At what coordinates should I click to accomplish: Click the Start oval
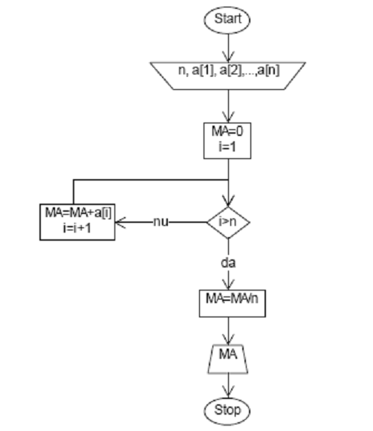point(227,20)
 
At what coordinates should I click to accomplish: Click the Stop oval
point(227,411)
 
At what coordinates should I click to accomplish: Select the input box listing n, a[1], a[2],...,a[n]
point(228,76)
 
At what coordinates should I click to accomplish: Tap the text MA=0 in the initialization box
point(227,131)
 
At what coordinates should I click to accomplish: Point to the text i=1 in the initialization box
point(227,146)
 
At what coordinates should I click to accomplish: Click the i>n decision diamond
point(228,222)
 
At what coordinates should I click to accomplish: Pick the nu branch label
point(160,222)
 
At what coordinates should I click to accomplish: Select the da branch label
point(228,263)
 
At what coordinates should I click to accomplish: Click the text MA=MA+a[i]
point(78,213)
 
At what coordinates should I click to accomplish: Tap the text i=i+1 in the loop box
point(77,228)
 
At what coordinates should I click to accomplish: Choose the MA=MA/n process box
point(233,303)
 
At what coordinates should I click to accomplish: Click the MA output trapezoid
point(228,359)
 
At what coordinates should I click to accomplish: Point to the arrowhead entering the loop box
point(120,222)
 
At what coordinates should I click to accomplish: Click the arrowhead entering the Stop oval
point(228,392)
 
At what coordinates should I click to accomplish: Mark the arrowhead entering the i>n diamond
point(228,201)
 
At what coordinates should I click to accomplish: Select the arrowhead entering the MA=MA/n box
point(228,284)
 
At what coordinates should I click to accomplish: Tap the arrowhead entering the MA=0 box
point(228,117)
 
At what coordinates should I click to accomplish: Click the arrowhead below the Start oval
point(228,56)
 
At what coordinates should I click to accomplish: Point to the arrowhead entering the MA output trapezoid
point(228,339)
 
